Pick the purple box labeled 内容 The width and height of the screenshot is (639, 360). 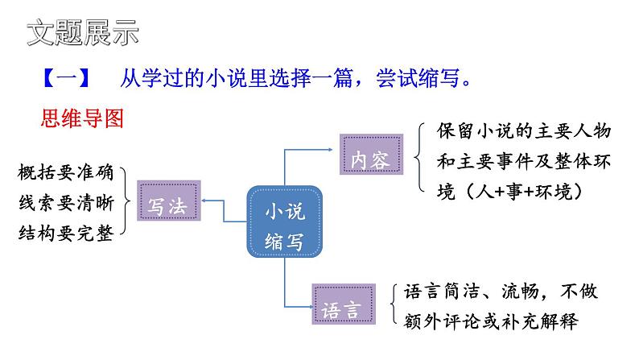click(370, 159)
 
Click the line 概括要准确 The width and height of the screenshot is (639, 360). click(66, 172)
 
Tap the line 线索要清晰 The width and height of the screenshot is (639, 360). click(66, 202)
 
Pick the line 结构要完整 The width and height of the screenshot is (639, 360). click(66, 232)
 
